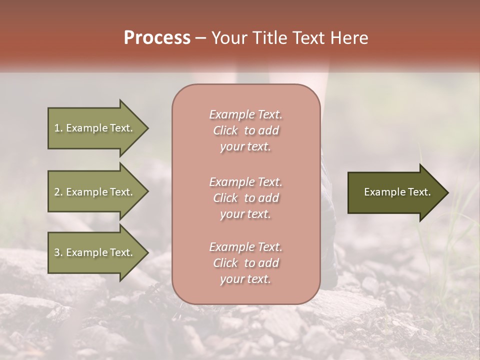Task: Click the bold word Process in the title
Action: point(157,38)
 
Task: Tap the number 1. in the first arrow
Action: point(58,128)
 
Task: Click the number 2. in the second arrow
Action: point(58,192)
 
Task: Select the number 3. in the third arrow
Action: point(58,252)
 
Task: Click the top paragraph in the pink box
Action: point(245,130)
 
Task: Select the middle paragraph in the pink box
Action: point(245,198)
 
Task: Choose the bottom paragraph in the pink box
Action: point(245,263)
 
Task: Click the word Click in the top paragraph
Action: point(225,131)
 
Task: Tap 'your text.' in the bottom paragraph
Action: point(245,279)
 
